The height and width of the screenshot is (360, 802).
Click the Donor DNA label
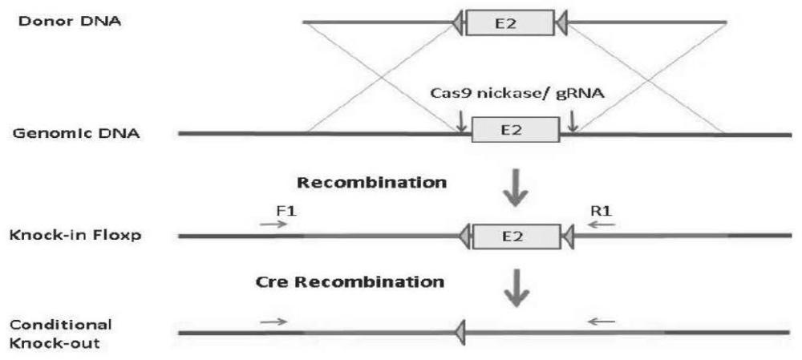tap(70, 22)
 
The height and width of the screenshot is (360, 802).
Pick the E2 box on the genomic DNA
tap(516, 130)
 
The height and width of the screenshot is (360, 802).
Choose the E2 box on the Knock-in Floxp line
tap(516, 237)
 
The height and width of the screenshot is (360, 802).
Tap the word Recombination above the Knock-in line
tap(371, 183)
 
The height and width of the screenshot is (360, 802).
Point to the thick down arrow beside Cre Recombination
tap(516, 289)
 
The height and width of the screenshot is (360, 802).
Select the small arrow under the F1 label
tap(274, 224)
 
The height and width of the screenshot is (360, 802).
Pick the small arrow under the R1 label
tap(602, 224)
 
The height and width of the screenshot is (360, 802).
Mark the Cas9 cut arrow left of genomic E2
tap(462, 120)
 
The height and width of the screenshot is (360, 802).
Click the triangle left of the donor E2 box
tap(458, 22)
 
